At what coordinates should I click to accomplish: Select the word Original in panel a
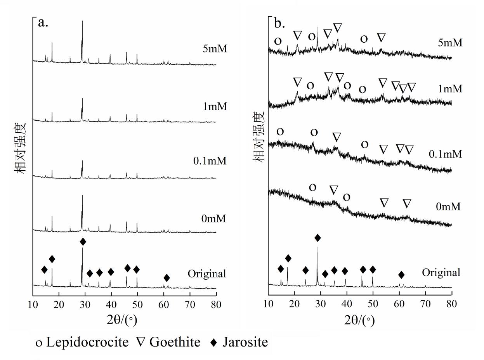click(206, 273)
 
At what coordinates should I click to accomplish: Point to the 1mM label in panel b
click(450, 89)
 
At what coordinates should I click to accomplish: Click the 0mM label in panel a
click(214, 219)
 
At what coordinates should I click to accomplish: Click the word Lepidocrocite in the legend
click(87, 342)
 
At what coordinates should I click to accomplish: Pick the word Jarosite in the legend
click(245, 342)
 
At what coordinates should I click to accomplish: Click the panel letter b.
click(280, 24)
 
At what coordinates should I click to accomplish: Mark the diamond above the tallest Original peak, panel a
click(83, 242)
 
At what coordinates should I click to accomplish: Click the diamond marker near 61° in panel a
click(167, 278)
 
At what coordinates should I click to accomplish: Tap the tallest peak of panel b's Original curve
click(318, 248)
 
